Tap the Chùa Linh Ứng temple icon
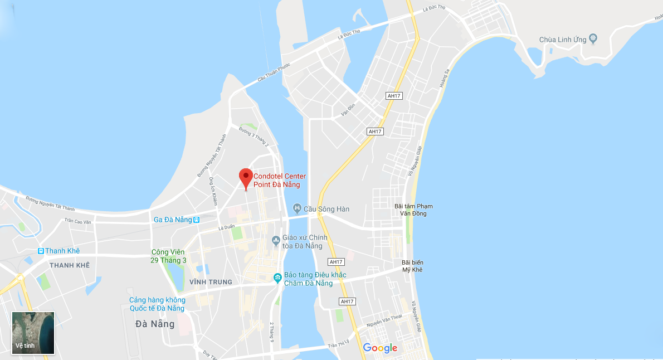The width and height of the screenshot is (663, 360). (593, 39)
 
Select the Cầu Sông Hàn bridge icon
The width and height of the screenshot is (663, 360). (298, 208)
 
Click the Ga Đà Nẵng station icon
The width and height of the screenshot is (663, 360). (197, 220)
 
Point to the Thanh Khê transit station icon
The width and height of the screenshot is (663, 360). (41, 251)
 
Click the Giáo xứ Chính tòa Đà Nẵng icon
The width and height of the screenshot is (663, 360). (275, 241)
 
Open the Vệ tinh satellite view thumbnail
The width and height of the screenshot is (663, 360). (33, 333)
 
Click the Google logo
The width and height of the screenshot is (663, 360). (380, 348)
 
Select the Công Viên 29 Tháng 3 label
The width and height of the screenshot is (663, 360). (169, 256)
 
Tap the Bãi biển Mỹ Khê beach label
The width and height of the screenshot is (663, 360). (412, 266)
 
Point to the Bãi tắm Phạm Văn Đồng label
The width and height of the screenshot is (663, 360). (413, 210)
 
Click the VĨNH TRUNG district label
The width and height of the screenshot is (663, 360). (211, 282)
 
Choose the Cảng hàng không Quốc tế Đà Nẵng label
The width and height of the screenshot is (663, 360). (157, 304)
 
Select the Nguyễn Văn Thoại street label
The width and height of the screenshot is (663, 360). (384, 321)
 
